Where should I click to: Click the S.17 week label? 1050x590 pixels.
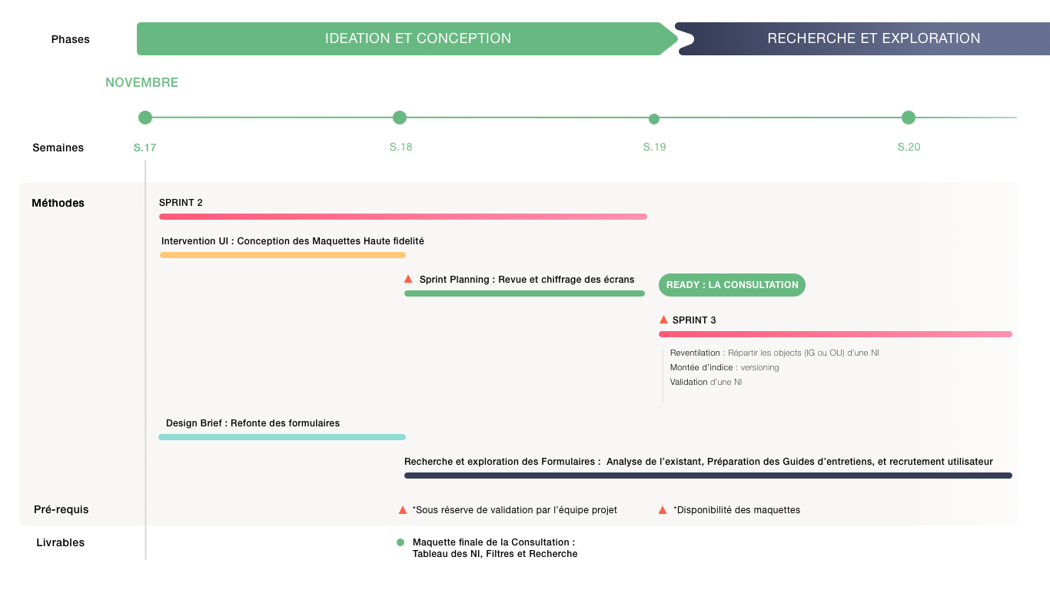pyautogui.click(x=145, y=147)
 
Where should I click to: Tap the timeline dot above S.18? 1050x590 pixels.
pyautogui.click(x=400, y=118)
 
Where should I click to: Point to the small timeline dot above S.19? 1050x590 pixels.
pyautogui.click(x=654, y=119)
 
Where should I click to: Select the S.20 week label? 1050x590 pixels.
pyautogui.click(x=909, y=147)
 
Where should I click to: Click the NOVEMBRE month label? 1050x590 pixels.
pyautogui.click(x=141, y=82)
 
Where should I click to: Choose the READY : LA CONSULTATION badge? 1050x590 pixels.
pyautogui.click(x=732, y=285)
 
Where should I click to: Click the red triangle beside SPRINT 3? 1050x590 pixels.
pyautogui.click(x=663, y=320)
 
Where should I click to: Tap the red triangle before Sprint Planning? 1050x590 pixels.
pyautogui.click(x=408, y=279)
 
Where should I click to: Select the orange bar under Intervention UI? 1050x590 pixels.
pyautogui.click(x=283, y=255)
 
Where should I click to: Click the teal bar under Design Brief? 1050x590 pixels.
pyautogui.click(x=282, y=437)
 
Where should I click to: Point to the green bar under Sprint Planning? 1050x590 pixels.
pyautogui.click(x=524, y=293)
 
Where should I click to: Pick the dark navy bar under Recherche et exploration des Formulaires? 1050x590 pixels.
pyautogui.click(x=708, y=476)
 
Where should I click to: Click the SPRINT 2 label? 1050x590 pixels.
pyautogui.click(x=181, y=203)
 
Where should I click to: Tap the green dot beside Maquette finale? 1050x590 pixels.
pyautogui.click(x=400, y=542)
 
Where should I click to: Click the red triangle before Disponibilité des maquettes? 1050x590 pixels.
pyautogui.click(x=663, y=510)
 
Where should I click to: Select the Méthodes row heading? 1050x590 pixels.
pyautogui.click(x=58, y=203)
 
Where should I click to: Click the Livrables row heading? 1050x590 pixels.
pyautogui.click(x=61, y=542)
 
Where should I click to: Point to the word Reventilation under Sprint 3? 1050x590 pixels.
pyautogui.click(x=695, y=353)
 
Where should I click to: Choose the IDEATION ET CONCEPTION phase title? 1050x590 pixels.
pyautogui.click(x=418, y=38)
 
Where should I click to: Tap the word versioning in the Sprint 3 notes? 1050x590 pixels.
pyautogui.click(x=760, y=368)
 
